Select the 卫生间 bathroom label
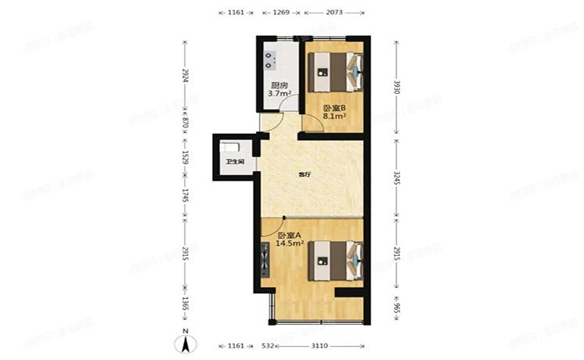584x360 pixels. [235, 162]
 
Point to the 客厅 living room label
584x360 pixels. [304, 175]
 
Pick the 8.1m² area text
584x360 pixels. [334, 117]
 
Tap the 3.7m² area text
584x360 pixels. [279, 94]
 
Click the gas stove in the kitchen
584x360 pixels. [272, 56]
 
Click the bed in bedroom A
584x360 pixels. [337, 261]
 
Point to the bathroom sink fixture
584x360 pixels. [229, 146]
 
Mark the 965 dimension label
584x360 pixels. [397, 309]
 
